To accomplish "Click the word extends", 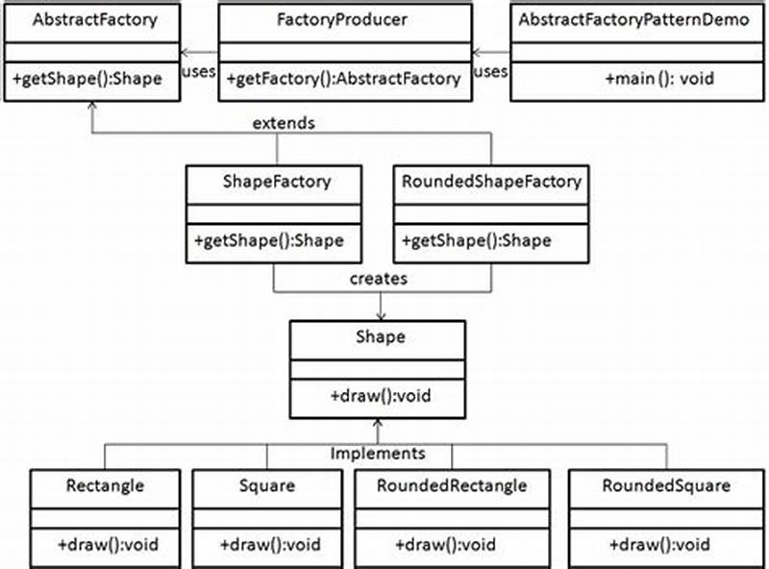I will click(285, 125).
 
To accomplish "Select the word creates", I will click(380, 279).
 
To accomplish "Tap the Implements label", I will click(378, 452).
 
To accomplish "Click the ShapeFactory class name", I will click(274, 181).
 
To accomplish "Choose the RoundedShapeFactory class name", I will click(491, 181).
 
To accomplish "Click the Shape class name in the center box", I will click(378, 336).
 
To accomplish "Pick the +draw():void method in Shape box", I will click(378, 395).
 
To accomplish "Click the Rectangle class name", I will click(106, 485).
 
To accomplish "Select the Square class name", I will click(267, 485).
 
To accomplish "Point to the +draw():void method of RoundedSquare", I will click(659, 544).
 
